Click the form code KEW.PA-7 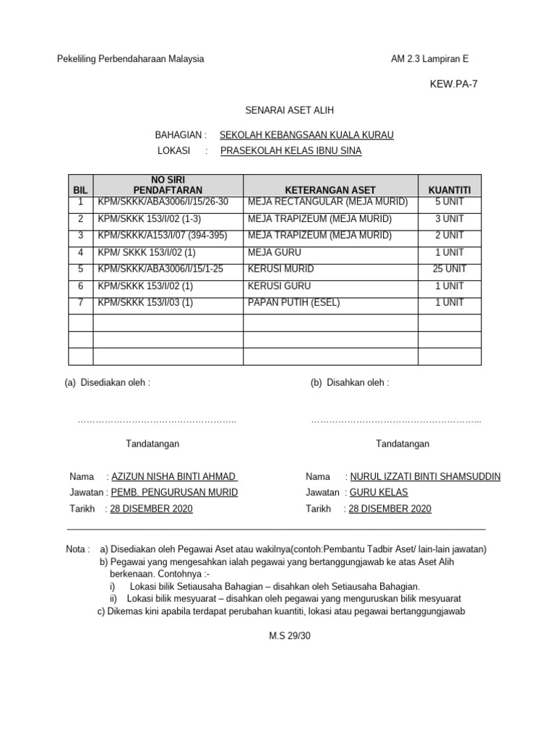[x=453, y=84]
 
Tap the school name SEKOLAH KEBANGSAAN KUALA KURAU [x=306, y=135]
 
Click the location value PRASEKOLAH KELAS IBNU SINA [x=291, y=151]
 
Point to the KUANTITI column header [x=449, y=189]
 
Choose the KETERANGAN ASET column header [x=331, y=189]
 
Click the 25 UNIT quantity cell [x=449, y=269]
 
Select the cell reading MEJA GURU [x=274, y=252]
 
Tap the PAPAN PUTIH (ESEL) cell [x=293, y=303]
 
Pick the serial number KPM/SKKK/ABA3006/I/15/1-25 [x=160, y=269]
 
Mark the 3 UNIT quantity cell [x=449, y=218]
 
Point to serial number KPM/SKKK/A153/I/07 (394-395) [x=163, y=236]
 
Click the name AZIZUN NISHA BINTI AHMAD [x=173, y=477]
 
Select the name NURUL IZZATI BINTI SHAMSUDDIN [x=425, y=477]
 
